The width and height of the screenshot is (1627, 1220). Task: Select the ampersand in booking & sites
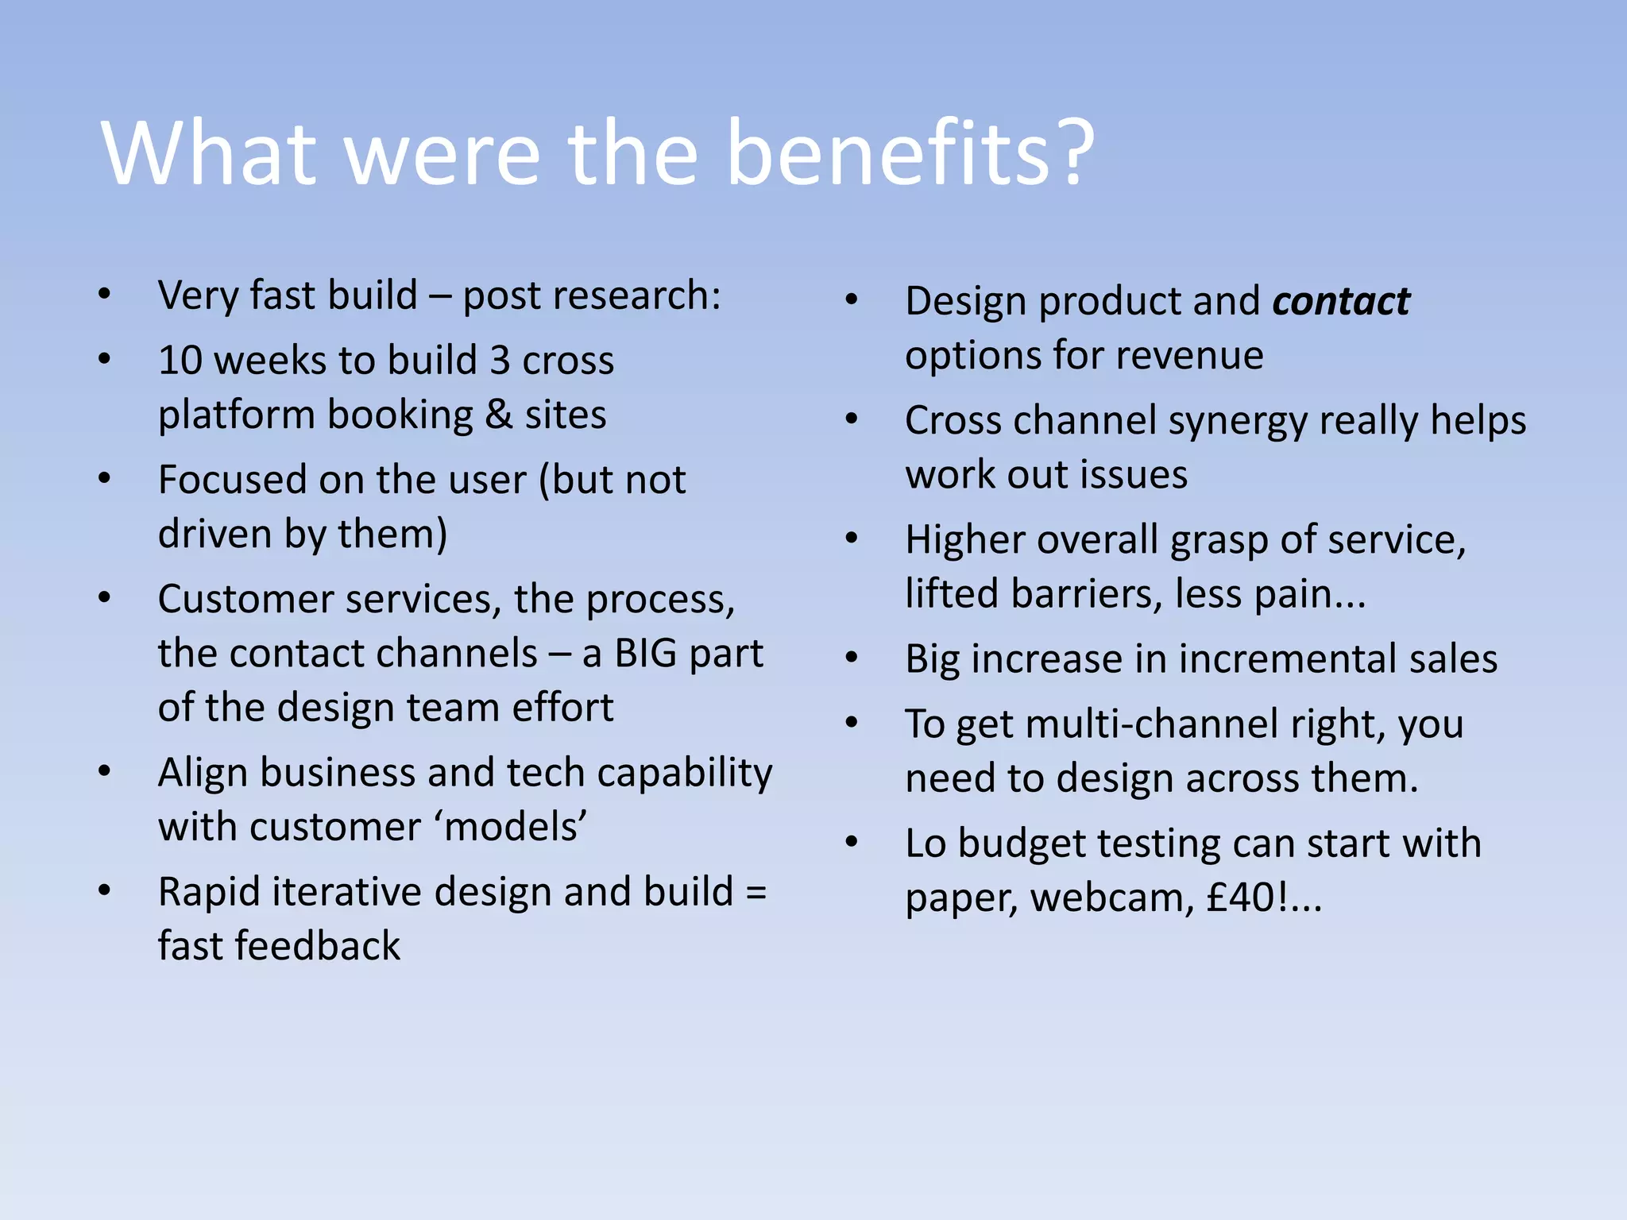coord(498,415)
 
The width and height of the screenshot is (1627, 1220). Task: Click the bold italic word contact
coord(1340,302)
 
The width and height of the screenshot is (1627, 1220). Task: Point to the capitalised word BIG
coord(645,654)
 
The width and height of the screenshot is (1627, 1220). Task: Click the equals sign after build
coord(756,893)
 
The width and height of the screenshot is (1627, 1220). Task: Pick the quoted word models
coord(511,828)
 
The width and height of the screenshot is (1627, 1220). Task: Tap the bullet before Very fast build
coord(105,295)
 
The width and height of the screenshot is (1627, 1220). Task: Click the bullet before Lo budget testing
coord(852,842)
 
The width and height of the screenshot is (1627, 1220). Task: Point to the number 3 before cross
coord(500,361)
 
